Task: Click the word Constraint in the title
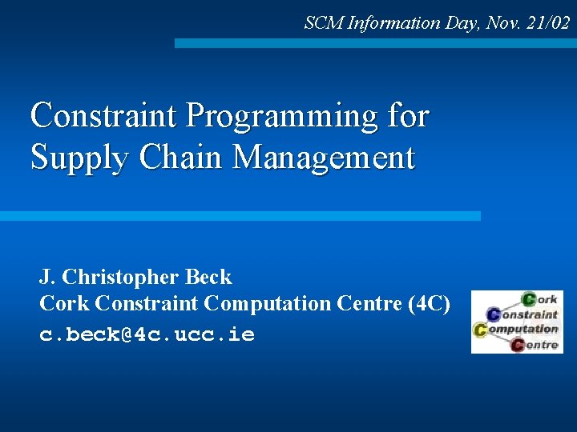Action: pyautogui.click(x=103, y=117)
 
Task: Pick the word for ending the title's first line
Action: pyautogui.click(x=408, y=117)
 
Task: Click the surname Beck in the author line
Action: pyautogui.click(x=208, y=278)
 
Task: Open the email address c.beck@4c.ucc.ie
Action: pyautogui.click(x=147, y=334)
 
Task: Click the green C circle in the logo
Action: pyautogui.click(x=530, y=299)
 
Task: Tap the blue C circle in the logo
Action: pyautogui.click(x=494, y=314)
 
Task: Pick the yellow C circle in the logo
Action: pyautogui.click(x=481, y=329)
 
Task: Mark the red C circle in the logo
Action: pyautogui.click(x=517, y=345)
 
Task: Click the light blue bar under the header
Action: pyautogui.click(x=375, y=43)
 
